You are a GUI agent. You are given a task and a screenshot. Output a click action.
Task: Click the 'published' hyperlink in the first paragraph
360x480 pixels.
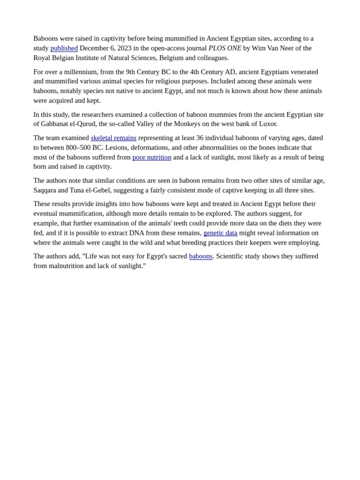tap(64, 48)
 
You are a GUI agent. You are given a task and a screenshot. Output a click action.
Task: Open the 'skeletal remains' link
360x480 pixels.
tap(113, 138)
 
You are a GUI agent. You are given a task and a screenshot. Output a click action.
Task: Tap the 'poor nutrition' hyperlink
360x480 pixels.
tap(152, 157)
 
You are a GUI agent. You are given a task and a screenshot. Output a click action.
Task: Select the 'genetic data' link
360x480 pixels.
tap(220, 233)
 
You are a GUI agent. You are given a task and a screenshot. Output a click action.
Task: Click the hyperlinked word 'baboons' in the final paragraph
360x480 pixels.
tap(201, 256)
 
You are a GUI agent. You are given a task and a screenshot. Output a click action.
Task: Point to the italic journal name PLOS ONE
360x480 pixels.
tap(225, 48)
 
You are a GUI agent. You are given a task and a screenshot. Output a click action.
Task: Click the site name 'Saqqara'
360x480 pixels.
tap(45, 190)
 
